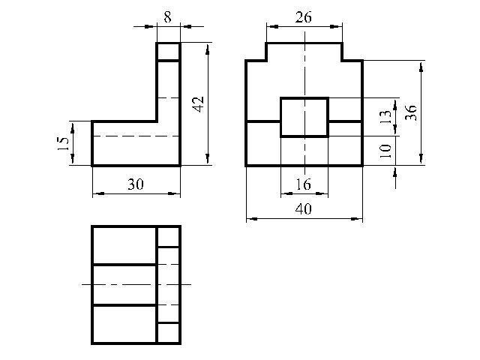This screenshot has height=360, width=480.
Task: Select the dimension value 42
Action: point(199,103)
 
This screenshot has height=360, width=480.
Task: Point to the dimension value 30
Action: point(135,184)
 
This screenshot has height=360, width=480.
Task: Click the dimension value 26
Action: point(304,17)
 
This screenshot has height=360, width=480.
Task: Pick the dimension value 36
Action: point(411,112)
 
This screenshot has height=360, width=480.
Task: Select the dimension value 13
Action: point(385,117)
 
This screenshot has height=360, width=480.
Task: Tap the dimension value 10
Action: point(385,150)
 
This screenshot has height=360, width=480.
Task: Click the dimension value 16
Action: point(304,184)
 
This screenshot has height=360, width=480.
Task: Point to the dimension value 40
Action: point(304,210)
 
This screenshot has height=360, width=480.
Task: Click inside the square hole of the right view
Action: point(304,117)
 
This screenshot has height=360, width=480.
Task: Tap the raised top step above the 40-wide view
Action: point(304,51)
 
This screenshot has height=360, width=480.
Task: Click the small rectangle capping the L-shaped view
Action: point(168,52)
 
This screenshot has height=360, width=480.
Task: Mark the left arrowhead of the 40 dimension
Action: point(250,220)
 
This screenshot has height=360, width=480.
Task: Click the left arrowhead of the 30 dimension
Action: point(96,194)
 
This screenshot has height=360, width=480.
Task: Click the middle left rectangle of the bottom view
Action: point(124,285)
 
